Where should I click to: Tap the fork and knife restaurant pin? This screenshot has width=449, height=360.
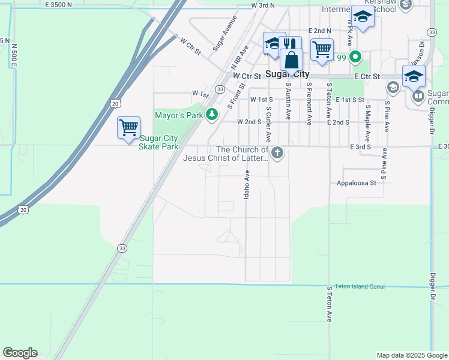[289, 44]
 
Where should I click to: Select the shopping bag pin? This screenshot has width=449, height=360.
[291, 61]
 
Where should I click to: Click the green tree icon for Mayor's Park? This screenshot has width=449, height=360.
[211, 114]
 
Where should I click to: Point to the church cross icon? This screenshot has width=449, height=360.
[277, 153]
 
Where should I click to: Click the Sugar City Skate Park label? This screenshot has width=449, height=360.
[159, 142]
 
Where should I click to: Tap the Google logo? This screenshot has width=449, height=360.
[20, 353]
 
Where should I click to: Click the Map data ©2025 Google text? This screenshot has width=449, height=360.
[412, 355]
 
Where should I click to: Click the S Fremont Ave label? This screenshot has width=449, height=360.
[309, 103]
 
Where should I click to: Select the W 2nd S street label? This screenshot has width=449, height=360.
[250, 122]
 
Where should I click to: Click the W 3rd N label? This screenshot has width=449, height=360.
[263, 5]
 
